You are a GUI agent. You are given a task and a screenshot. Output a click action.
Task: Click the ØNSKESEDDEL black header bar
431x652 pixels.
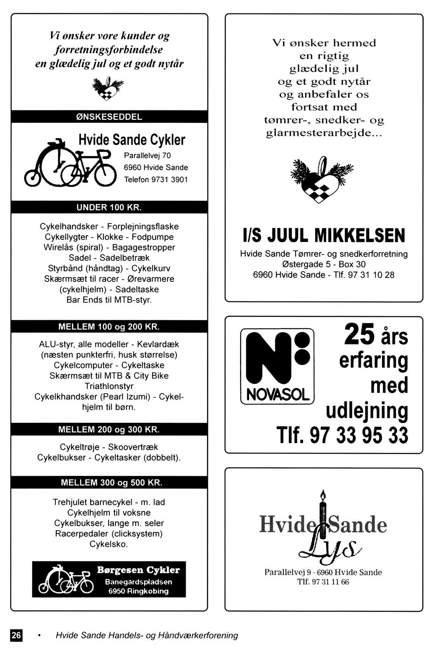109,117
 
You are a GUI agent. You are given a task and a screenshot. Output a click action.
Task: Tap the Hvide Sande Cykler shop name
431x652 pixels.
131,140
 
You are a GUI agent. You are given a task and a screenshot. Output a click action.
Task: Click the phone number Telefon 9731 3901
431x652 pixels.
156,179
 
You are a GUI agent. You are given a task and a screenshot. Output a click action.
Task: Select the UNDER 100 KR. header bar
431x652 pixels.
109,207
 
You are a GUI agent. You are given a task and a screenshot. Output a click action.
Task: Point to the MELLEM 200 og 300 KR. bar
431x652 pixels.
109,429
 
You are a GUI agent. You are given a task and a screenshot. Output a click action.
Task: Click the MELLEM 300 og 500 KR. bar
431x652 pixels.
109,482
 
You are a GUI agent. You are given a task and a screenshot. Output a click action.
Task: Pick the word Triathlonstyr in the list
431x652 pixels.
109,386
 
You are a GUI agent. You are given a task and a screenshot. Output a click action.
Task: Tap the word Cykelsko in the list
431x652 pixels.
108,544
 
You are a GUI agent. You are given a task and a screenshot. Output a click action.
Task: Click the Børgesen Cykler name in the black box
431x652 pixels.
138,570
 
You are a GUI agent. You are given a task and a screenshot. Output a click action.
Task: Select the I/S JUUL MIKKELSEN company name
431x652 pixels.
324,236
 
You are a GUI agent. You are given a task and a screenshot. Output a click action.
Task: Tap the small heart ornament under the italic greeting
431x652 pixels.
108,89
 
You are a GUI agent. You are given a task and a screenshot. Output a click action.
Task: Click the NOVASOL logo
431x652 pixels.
277,366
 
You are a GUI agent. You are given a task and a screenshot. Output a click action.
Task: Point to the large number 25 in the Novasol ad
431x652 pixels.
359,335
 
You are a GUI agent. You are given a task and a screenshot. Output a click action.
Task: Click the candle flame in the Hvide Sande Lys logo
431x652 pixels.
322,494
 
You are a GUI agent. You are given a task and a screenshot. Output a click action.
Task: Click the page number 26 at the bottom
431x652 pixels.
16,635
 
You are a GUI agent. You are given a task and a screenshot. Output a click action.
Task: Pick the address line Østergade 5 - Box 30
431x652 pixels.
324,264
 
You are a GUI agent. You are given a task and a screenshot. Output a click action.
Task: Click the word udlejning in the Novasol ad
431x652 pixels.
367,411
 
